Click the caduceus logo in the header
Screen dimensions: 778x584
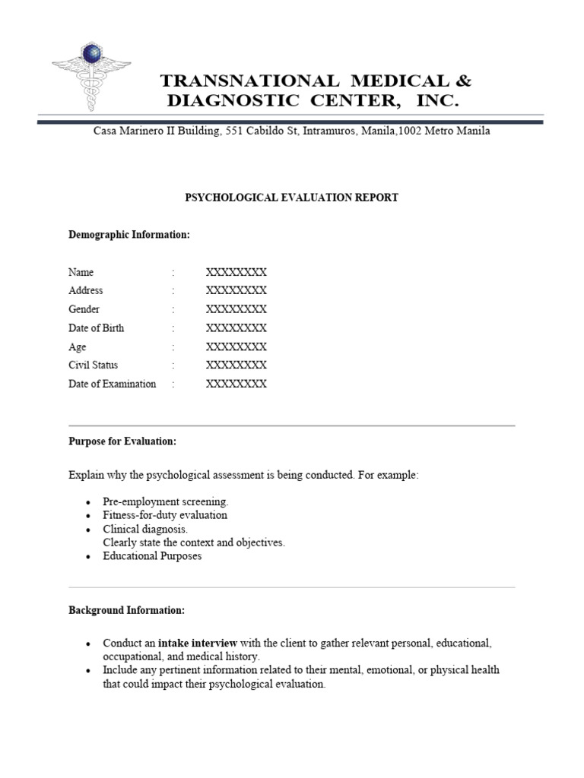tap(92, 77)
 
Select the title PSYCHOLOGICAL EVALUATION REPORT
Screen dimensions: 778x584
tap(292, 198)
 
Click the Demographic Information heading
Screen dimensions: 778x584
tap(129, 235)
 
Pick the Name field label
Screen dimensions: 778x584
tap(81, 272)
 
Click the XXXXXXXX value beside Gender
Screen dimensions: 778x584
tap(236, 309)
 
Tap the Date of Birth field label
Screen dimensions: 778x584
tap(97, 328)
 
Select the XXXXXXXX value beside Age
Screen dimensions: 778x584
tap(236, 346)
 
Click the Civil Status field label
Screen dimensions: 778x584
tap(94, 365)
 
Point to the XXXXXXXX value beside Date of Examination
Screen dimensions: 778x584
tap(236, 384)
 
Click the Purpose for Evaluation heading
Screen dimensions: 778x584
tap(122, 441)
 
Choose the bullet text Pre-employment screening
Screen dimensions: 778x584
tap(166, 502)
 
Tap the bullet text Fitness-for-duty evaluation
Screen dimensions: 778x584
tap(165, 515)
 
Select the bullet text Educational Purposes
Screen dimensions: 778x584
tap(153, 556)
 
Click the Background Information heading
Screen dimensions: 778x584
tap(126, 610)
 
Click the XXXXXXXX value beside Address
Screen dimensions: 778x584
tap(236, 290)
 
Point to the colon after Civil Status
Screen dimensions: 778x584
tap(173, 365)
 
